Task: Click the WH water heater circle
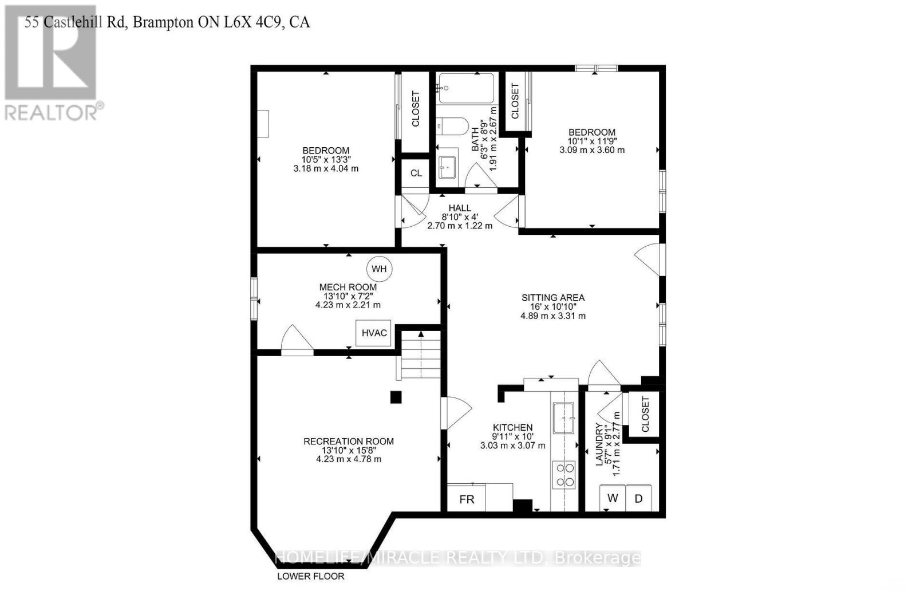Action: [x=379, y=269]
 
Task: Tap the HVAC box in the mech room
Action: [x=374, y=333]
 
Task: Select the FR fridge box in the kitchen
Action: [x=467, y=499]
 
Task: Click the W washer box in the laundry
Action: [x=613, y=498]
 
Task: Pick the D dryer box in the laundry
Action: [x=638, y=498]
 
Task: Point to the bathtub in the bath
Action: [x=465, y=88]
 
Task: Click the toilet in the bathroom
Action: [x=452, y=126]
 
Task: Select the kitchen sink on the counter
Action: [x=564, y=418]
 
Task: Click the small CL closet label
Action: [x=416, y=173]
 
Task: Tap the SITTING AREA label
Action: [x=553, y=298]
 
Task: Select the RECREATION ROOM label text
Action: [x=349, y=442]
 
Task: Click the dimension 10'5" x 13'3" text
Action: [x=326, y=160]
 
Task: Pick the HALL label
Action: [x=460, y=208]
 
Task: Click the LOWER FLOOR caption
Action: [x=311, y=576]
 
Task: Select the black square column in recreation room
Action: [x=396, y=397]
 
